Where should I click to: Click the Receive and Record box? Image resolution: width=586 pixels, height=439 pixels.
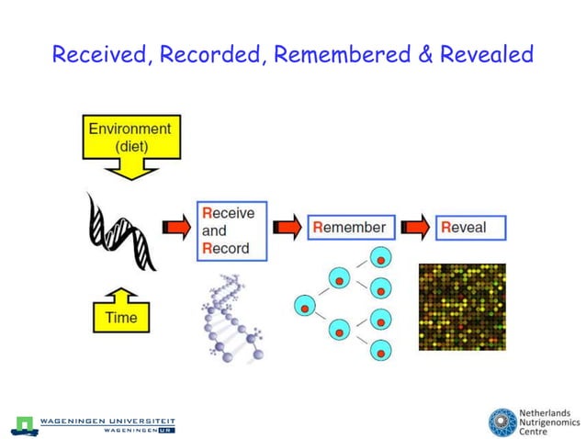tap(231, 231)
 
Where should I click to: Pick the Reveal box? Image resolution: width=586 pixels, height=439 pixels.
tap(471, 227)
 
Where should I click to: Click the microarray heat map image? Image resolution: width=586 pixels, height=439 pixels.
tap(461, 306)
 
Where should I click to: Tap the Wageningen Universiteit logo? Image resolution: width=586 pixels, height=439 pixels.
tap(93, 424)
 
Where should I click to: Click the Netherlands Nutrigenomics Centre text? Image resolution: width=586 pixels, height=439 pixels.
tap(547, 422)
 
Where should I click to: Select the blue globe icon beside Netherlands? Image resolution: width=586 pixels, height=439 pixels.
tap(502, 422)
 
